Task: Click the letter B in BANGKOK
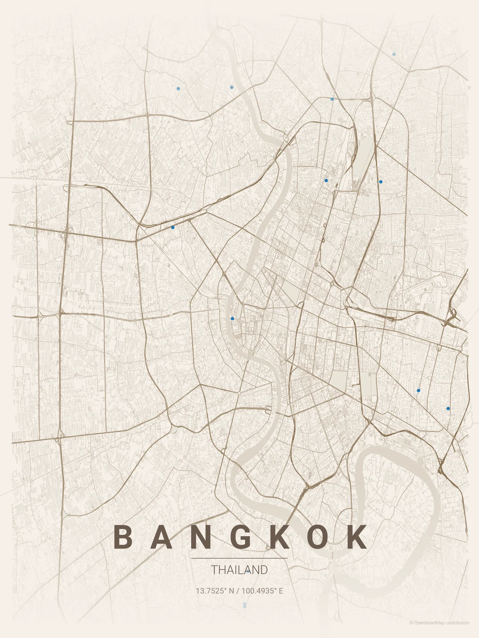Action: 123,537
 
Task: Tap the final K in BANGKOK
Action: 356,537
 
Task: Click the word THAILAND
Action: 239,570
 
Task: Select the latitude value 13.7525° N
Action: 215,591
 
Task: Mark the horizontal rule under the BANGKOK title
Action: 239,558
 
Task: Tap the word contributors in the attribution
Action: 457,623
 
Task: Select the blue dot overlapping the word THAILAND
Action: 248,571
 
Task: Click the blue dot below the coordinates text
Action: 245,605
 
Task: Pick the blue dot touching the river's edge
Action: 232,319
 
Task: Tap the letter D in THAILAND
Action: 263,570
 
